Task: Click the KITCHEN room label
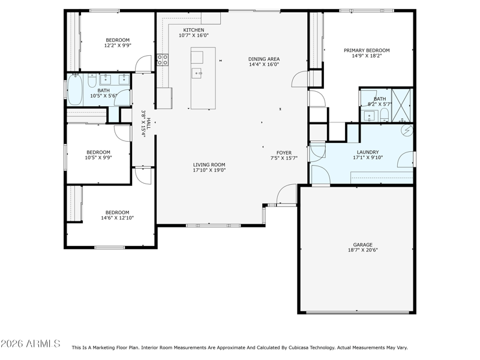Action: [x=193, y=30]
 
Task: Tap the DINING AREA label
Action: [x=264, y=59]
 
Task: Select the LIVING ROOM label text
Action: [x=209, y=164]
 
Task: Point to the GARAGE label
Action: [x=363, y=245]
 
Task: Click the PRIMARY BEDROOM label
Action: [x=367, y=50]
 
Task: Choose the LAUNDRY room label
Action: [x=368, y=152]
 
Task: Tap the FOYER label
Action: [x=284, y=153]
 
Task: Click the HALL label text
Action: [x=149, y=124]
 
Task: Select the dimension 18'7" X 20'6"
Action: [x=363, y=250]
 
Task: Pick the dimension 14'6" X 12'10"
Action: [x=118, y=218]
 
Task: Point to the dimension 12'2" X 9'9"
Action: [x=118, y=46]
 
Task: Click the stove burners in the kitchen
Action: [x=163, y=59]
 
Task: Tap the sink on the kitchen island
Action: [x=196, y=73]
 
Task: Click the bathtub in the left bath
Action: [x=74, y=89]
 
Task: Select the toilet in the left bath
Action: [x=92, y=80]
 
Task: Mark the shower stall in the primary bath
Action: [x=402, y=105]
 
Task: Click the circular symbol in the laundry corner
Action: [x=407, y=131]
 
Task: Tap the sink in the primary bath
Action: [x=369, y=116]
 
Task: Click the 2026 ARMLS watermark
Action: [x=31, y=343]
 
